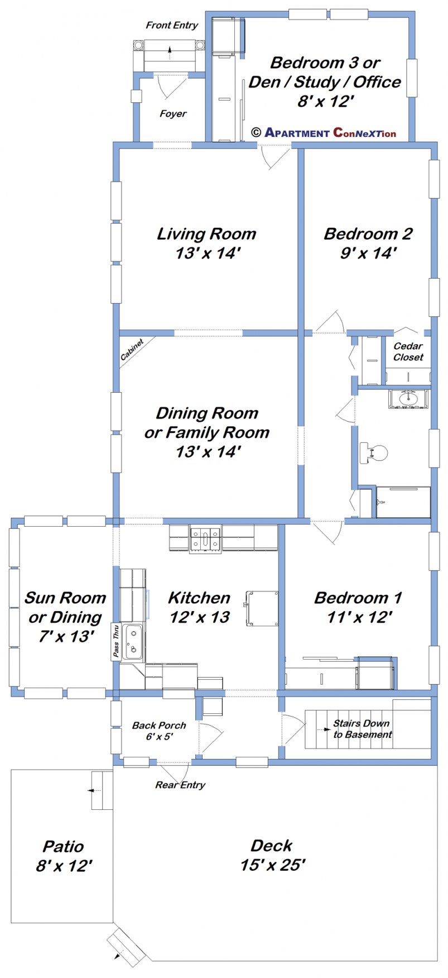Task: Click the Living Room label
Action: coord(206,233)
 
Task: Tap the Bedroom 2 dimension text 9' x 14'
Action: coord(368,253)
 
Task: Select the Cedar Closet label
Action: coord(408,352)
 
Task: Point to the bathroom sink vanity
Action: coord(409,399)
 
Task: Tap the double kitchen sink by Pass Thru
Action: coord(133,642)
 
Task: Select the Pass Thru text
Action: coord(116,642)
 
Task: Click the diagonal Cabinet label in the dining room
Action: coord(132,350)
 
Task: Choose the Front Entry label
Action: coord(172,25)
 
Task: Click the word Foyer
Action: coord(173,114)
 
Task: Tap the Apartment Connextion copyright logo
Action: coord(324,132)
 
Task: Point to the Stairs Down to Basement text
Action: coord(362,729)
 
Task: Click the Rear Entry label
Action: coord(180,785)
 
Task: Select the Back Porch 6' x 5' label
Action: coord(159,731)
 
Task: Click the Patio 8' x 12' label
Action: coord(64,856)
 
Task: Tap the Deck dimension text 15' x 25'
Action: coord(273,865)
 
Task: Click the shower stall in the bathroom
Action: coord(403,502)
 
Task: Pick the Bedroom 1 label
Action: coord(358,598)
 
